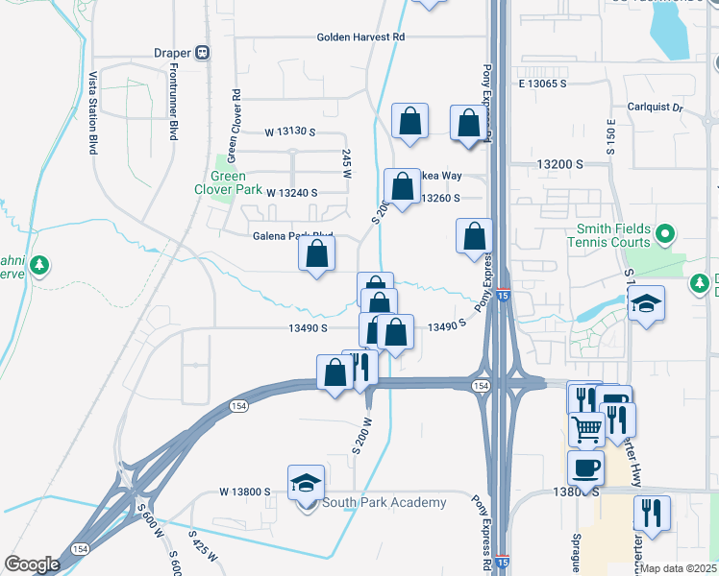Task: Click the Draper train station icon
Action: pyautogui.click(x=203, y=52)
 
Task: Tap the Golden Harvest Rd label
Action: pyautogui.click(x=362, y=37)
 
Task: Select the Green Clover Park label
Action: pyautogui.click(x=229, y=182)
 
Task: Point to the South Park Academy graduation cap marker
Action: pyautogui.click(x=306, y=484)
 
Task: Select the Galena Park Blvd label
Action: pyautogui.click(x=292, y=236)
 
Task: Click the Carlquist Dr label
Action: pyautogui.click(x=655, y=108)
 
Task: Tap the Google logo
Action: pyautogui.click(x=32, y=564)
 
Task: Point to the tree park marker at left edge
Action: pyautogui.click(x=38, y=265)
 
